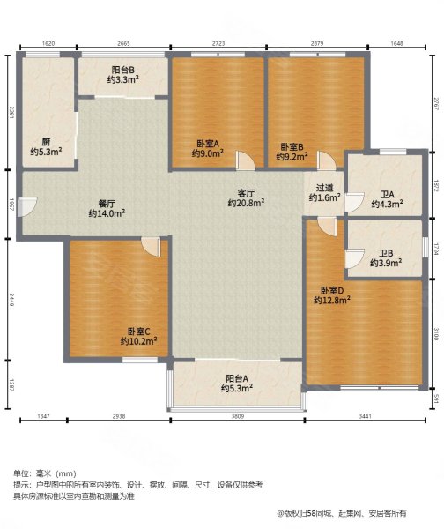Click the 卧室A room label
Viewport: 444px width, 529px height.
(x=208, y=144)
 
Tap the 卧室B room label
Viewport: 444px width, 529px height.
(x=292, y=147)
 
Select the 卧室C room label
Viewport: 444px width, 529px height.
(x=138, y=332)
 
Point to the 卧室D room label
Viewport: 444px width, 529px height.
(x=332, y=290)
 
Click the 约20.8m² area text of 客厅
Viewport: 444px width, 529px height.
(x=246, y=203)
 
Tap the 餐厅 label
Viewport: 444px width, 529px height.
(x=107, y=204)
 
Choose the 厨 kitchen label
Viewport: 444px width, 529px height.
(x=46, y=142)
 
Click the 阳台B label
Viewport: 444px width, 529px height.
(x=123, y=70)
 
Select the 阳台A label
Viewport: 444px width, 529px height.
(x=237, y=378)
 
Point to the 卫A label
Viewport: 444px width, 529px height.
(x=388, y=195)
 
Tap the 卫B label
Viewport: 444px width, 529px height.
(x=386, y=253)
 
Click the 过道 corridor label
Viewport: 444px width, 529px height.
(x=325, y=188)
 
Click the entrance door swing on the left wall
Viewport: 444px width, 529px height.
(x=27, y=206)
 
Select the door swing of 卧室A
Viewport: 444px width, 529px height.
(x=246, y=160)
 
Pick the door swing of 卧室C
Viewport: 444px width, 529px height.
(x=151, y=247)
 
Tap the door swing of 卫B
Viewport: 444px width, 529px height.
(x=354, y=258)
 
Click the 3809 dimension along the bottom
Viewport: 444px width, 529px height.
(x=237, y=416)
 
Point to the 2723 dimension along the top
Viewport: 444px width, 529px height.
(x=218, y=43)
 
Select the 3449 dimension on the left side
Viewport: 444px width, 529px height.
(x=11, y=300)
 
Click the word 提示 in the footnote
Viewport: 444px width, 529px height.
(x=20, y=485)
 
